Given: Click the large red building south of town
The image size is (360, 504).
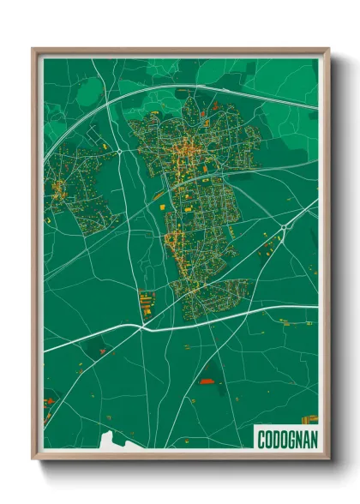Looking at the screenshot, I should [207, 381].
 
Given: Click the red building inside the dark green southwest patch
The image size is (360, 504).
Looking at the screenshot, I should [101, 351].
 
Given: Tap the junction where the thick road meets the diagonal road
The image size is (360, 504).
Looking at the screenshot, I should [141, 326].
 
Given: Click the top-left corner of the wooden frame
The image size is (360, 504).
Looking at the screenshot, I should [34, 50].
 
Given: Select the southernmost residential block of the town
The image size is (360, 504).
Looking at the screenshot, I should [210, 296].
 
